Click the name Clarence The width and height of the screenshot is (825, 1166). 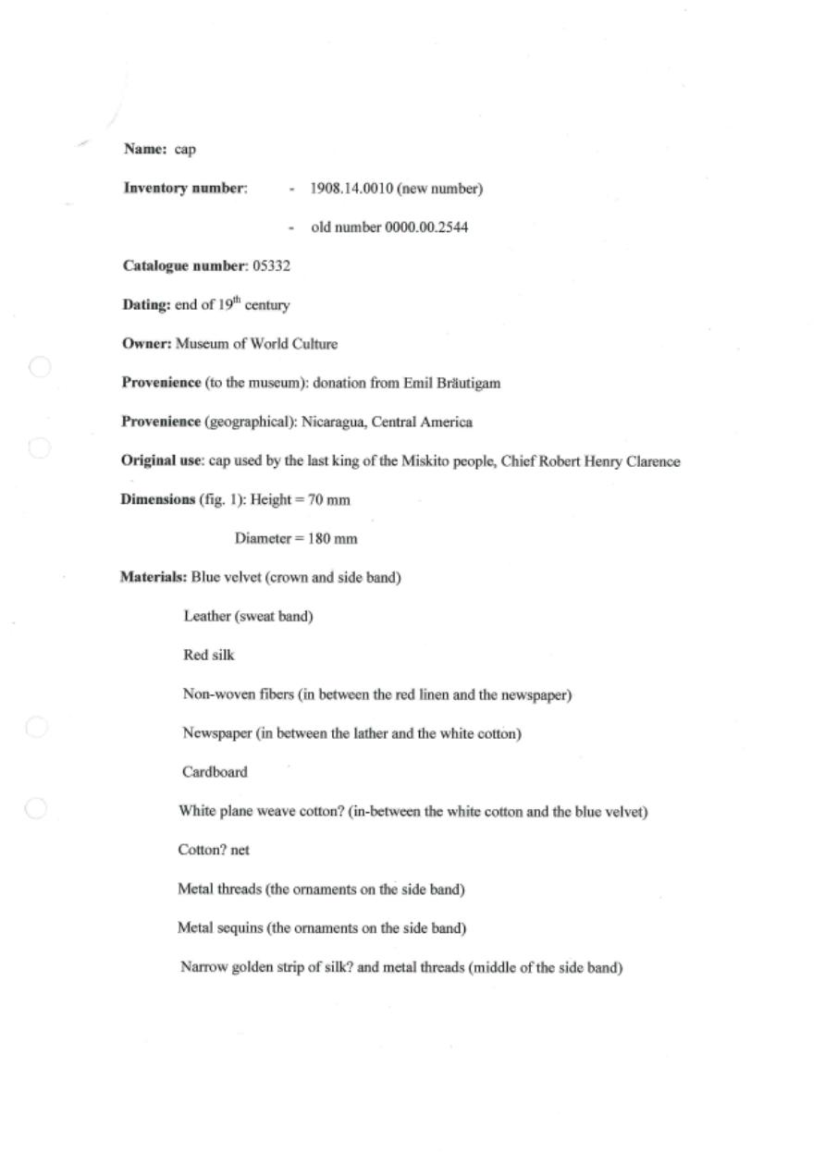click(653, 461)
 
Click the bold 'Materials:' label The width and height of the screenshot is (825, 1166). click(154, 578)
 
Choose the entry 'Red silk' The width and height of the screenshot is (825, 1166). click(209, 656)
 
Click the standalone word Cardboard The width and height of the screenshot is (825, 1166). click(215, 772)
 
